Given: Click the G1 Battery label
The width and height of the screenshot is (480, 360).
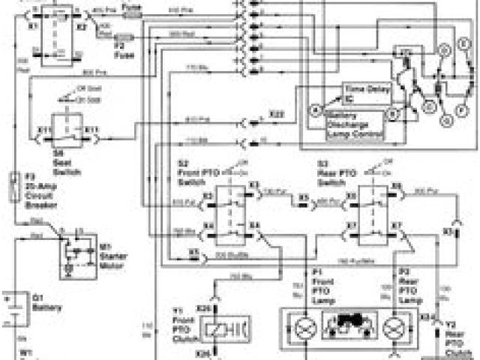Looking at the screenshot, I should (44, 302).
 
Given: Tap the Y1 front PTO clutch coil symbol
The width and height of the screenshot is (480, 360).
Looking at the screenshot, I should (218, 328).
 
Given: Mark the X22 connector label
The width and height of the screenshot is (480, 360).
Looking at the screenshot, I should (276, 113).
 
